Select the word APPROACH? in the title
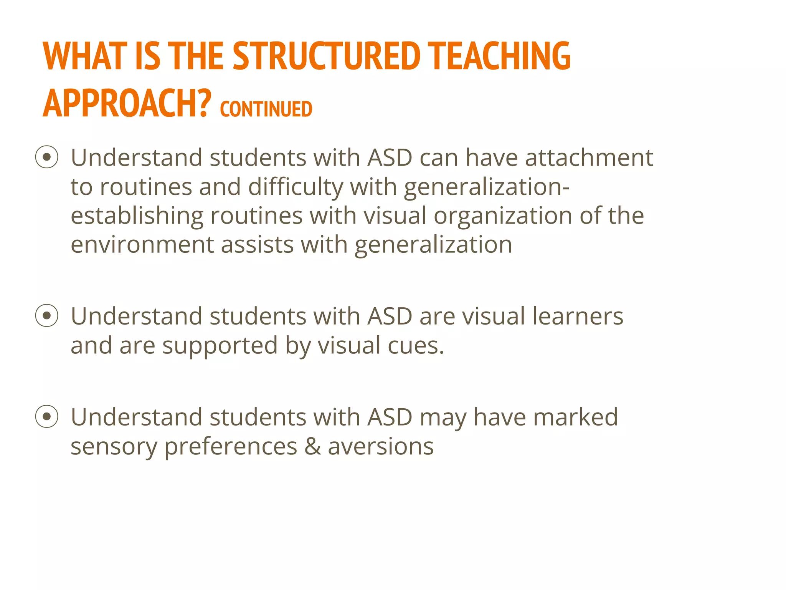click(x=127, y=103)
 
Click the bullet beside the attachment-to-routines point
click(x=47, y=157)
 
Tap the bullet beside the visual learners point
click(x=47, y=316)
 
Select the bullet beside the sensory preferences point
click(x=47, y=416)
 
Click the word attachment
click(x=589, y=157)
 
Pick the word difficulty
click(x=296, y=187)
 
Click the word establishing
click(x=137, y=216)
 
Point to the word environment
click(x=142, y=245)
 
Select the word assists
click(x=258, y=245)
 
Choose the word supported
click(x=220, y=346)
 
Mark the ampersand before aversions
click(x=313, y=446)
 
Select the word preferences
click(x=231, y=447)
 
